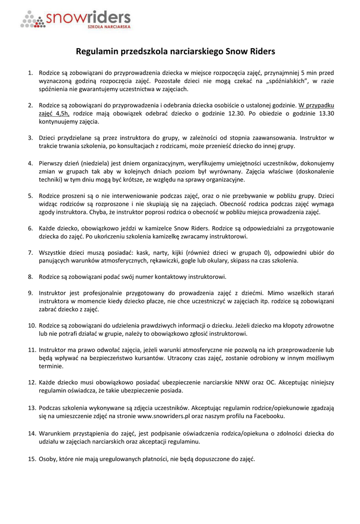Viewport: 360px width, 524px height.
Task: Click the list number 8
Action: click(30, 277)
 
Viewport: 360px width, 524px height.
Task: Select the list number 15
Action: click(32, 459)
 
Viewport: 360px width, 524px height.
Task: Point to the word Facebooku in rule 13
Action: click(268, 417)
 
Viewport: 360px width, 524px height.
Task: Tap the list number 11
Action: click(32, 350)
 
